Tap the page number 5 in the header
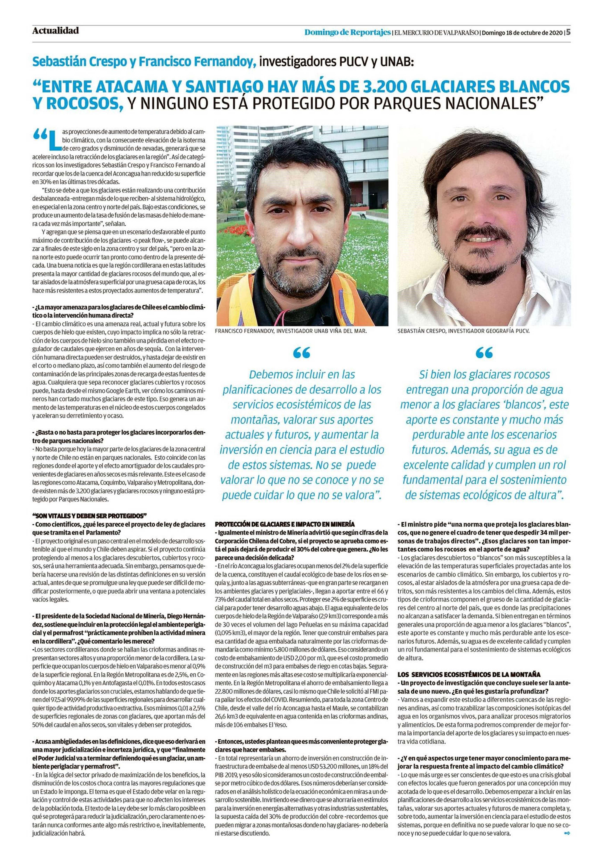pyautogui.click(x=568, y=32)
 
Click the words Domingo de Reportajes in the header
pyautogui.click(x=347, y=33)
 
